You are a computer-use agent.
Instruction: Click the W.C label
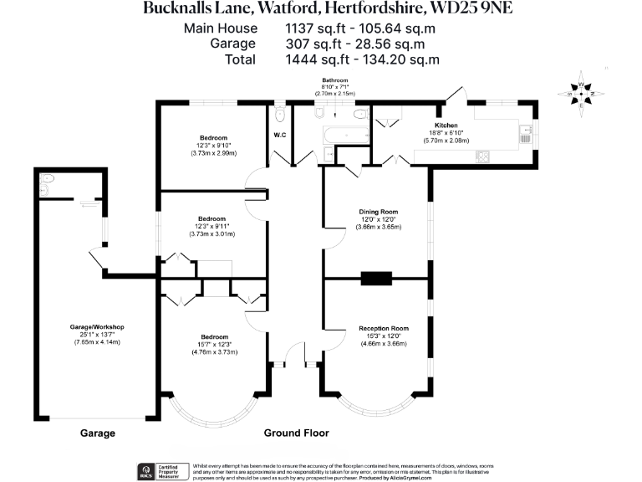tap(280, 135)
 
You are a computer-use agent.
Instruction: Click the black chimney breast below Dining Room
tap(376, 279)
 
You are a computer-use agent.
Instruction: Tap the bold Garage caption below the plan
tap(97, 433)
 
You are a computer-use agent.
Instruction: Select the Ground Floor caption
tap(296, 433)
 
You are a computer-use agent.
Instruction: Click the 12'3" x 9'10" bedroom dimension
tap(213, 145)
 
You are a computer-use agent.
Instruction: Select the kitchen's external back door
tap(454, 95)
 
